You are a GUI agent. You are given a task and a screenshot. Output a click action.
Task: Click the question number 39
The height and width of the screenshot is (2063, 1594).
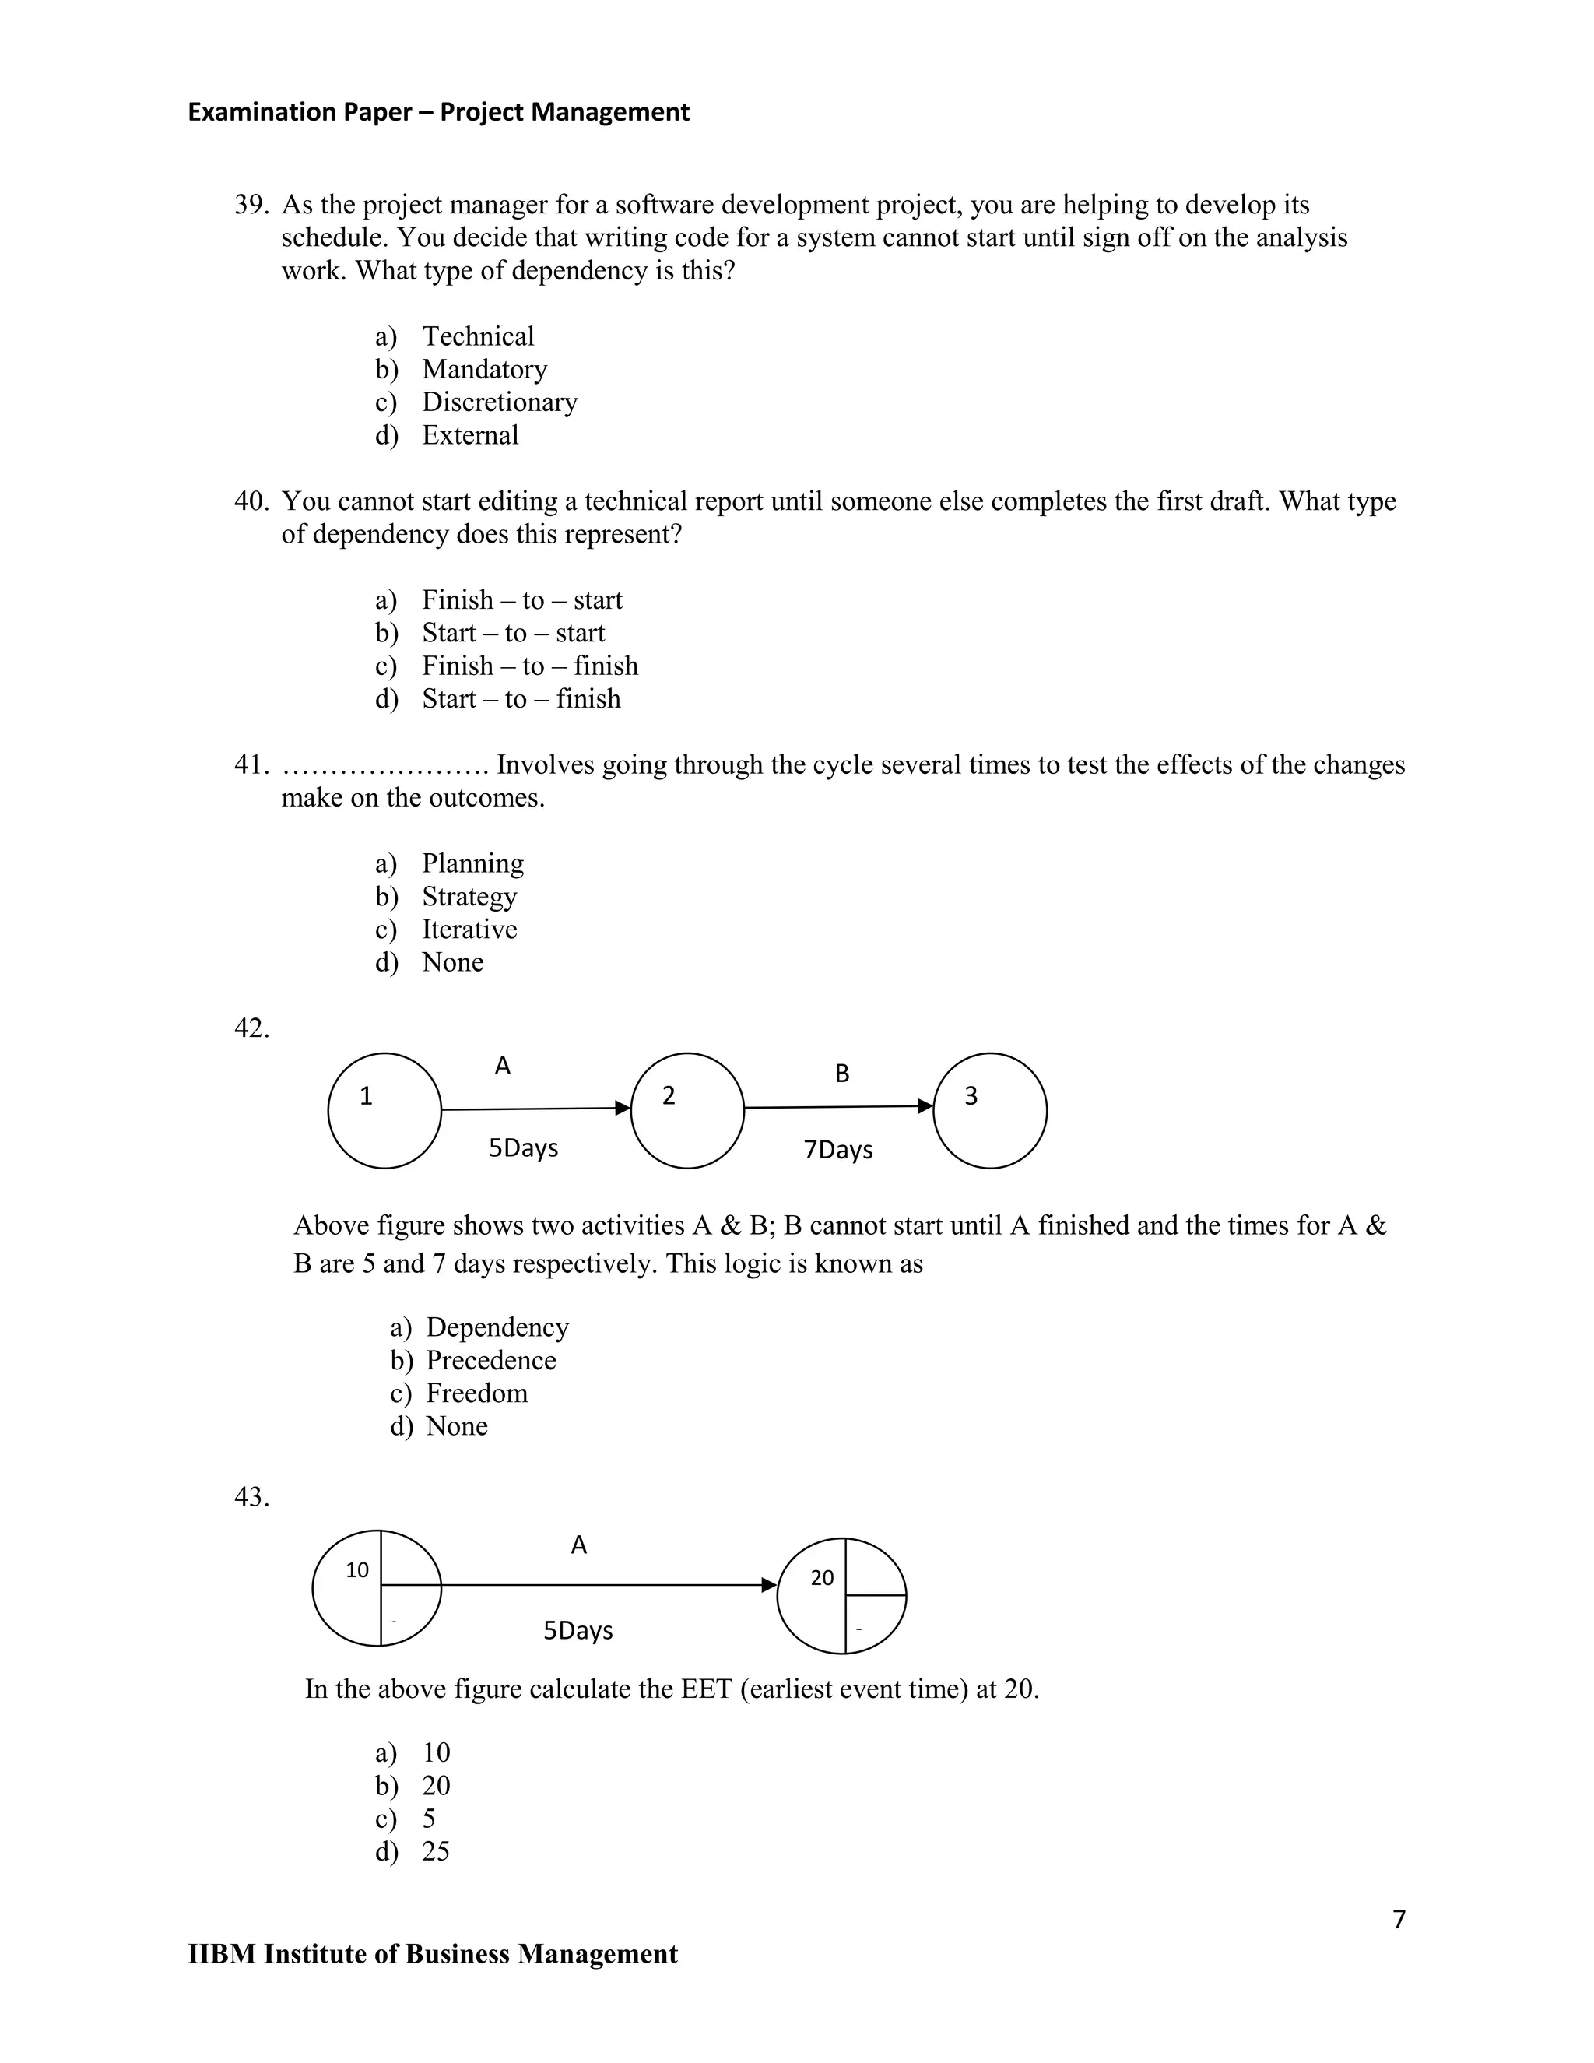point(251,205)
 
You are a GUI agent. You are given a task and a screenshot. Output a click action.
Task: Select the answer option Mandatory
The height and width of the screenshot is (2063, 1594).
point(483,369)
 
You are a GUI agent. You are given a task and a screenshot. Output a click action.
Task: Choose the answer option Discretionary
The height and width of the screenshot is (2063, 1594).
point(499,402)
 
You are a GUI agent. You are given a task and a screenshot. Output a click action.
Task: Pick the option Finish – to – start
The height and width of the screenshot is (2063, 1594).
point(521,599)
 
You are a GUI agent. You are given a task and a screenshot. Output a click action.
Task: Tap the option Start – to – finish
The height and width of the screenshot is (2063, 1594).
point(521,699)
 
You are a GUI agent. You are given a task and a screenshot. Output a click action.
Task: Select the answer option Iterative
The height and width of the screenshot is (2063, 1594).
point(469,930)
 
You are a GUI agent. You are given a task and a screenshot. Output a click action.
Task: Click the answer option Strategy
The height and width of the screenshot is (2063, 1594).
point(469,896)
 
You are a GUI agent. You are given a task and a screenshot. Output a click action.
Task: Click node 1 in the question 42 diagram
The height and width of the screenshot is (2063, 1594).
point(384,1110)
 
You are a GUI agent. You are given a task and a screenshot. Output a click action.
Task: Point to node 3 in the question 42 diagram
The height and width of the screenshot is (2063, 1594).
point(990,1110)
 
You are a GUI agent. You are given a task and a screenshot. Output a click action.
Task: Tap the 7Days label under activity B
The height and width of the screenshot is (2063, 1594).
point(837,1150)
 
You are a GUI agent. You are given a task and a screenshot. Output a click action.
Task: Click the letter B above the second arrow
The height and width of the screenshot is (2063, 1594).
point(842,1073)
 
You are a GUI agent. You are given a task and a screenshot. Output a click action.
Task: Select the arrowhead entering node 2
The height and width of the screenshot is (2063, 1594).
point(623,1108)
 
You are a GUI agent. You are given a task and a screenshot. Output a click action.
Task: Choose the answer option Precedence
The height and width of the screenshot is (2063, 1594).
point(490,1360)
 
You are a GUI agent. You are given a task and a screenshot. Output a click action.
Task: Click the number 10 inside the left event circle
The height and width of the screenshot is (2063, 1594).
point(357,1570)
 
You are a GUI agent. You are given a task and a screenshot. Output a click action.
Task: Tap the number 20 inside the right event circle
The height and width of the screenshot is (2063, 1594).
point(823,1577)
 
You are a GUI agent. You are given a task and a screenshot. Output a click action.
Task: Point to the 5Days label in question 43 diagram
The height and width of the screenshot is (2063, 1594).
point(578,1630)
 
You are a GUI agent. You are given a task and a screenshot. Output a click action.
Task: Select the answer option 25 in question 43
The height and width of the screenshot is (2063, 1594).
point(435,1851)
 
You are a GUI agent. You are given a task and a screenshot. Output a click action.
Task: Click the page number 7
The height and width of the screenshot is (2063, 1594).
point(1399,1921)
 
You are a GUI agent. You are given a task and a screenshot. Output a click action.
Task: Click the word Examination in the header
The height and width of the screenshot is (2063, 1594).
point(248,112)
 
